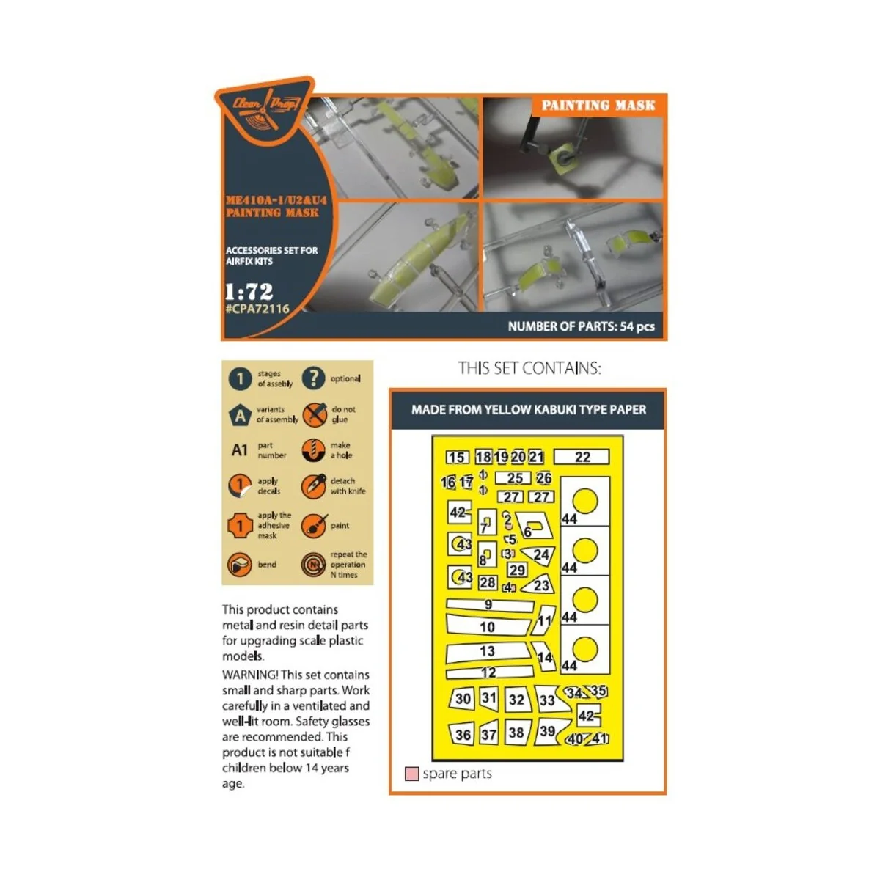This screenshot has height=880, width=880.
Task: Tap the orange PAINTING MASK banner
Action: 598,106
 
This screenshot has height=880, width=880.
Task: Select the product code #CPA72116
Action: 257,309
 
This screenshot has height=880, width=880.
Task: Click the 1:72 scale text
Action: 249,291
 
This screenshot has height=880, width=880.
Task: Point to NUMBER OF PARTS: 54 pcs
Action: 581,326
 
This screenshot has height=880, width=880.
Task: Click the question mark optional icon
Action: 313,378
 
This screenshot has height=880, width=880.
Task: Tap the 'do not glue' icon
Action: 315,414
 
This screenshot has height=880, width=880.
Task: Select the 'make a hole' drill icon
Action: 313,450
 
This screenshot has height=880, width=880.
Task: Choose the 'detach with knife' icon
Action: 313,485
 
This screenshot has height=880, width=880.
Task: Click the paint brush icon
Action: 313,526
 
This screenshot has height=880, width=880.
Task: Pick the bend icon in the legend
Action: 240,565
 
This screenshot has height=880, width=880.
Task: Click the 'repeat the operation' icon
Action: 313,565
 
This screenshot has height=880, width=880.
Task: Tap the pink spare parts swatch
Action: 412,774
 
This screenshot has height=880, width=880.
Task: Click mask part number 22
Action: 582,457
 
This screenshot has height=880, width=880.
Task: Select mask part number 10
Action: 488,626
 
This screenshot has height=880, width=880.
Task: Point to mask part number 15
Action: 457,457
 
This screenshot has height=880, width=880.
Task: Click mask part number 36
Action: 463,734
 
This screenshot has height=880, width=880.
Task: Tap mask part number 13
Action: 487,651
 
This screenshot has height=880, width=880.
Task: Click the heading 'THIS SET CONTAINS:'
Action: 529,368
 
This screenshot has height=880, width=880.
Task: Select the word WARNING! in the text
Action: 249,675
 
